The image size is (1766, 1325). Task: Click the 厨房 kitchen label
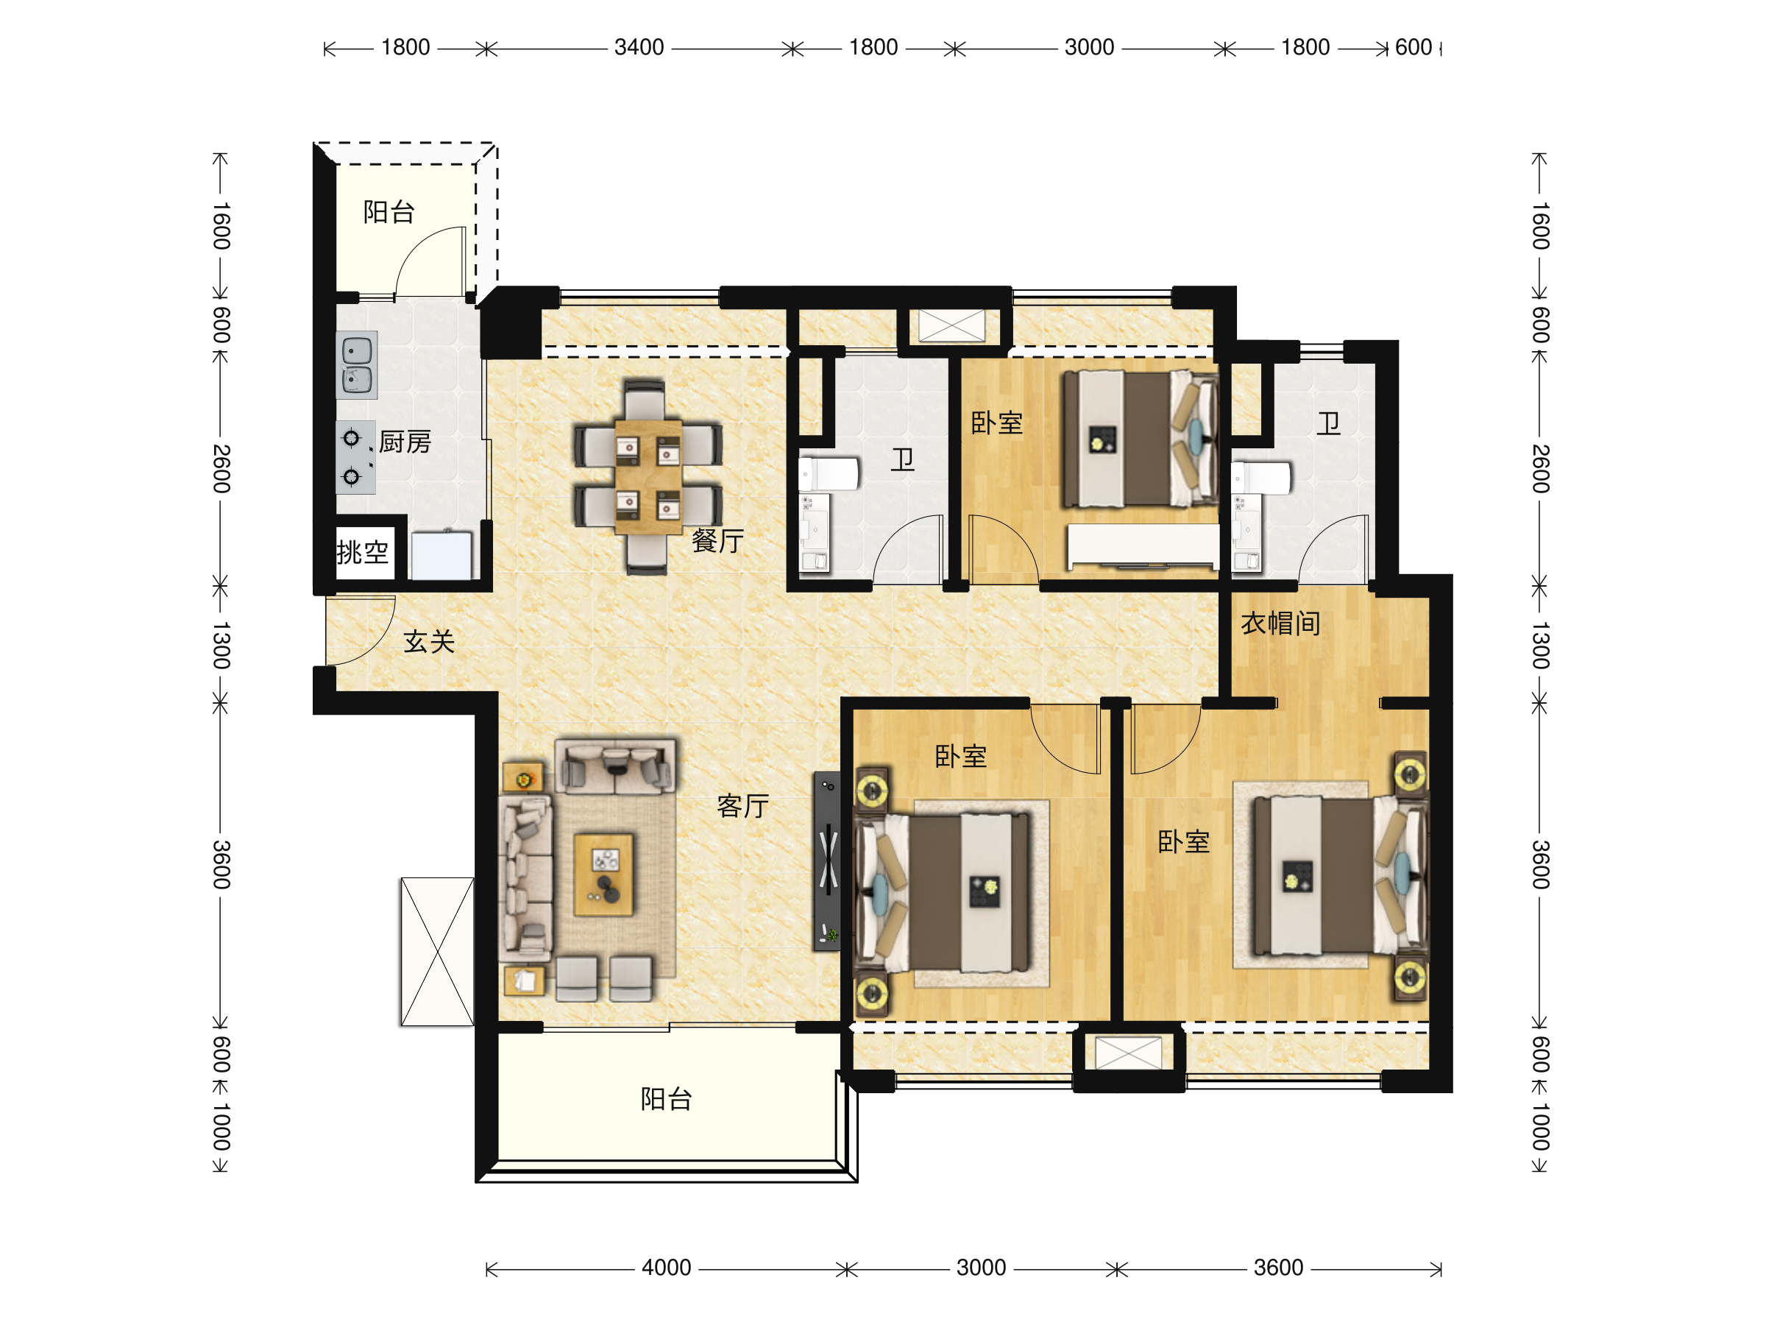coord(405,442)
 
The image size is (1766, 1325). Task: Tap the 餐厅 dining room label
coord(717,541)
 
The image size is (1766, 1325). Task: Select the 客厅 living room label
coord(742,806)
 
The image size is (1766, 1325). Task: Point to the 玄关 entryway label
coord(429,641)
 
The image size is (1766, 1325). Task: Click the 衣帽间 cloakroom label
coord(1280,623)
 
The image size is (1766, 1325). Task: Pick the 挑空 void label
coord(363,552)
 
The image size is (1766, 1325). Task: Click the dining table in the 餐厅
coord(648,478)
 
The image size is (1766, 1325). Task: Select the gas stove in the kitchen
coord(355,458)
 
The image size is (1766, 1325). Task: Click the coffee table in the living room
coord(603,875)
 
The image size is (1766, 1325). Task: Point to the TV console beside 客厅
coord(827,861)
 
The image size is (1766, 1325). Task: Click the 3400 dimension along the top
coord(639,47)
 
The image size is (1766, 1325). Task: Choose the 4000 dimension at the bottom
coord(666,1268)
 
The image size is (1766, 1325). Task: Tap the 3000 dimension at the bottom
coord(980,1268)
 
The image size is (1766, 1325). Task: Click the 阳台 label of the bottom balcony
coord(666,1099)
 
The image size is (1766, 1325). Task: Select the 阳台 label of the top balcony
coord(389,212)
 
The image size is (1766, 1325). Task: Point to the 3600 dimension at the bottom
coord(1278,1268)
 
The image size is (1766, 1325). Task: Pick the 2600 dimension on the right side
coord(1541,469)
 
